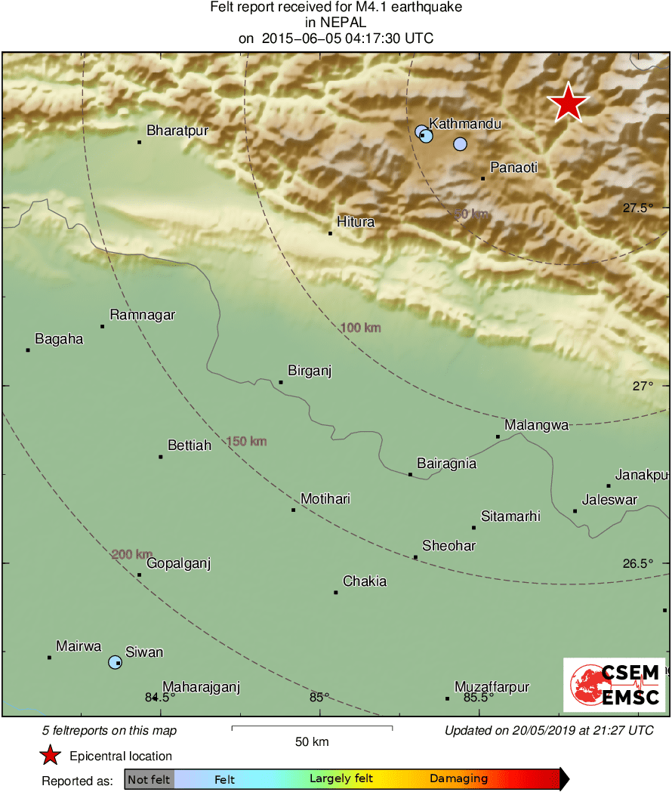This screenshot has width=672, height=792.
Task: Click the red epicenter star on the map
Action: pos(568,103)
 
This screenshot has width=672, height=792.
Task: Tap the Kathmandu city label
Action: pos(465,124)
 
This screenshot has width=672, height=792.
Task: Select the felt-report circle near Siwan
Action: pos(115,662)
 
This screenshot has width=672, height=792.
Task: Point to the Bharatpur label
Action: pos(177,131)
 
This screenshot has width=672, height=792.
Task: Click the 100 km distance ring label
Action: pos(360,328)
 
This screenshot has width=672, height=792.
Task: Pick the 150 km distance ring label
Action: pos(247,441)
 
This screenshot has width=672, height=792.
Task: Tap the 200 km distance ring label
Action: pos(132,554)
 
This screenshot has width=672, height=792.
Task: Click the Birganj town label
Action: pos(310,371)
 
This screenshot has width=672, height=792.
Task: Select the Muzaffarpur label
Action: pos(492,687)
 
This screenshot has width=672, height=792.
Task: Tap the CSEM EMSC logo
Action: pos(614,685)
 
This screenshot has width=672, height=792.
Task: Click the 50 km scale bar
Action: pos(312,728)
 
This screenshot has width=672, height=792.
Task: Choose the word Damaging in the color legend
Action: pos(458,778)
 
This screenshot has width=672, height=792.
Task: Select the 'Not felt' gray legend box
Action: pos(149,778)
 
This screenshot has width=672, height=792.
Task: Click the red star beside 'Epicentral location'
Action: pos(50,755)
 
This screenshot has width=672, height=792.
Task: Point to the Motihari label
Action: pos(325,499)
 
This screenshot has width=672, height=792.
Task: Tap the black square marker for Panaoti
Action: pos(483,178)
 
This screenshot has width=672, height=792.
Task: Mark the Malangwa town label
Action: pos(537,425)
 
